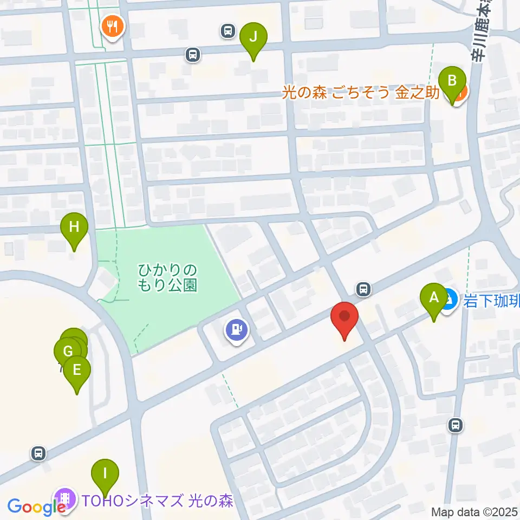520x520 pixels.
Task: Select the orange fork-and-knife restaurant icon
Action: click(113, 25)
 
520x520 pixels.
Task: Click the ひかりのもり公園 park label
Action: click(167, 277)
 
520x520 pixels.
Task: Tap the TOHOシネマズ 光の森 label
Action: click(157, 499)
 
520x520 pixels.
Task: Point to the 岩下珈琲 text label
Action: click(491, 300)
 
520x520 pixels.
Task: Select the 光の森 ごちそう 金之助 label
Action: click(361, 93)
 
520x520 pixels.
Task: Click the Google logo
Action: click(36, 507)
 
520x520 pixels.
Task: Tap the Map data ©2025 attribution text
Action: click(474, 511)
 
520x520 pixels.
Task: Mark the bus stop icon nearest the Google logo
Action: click(38, 453)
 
